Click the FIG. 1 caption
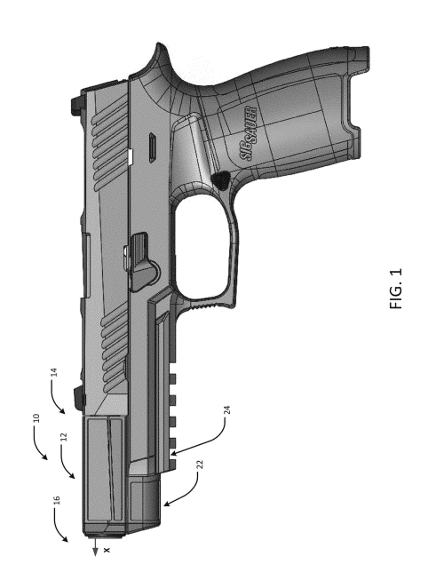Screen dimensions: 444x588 (396, 288)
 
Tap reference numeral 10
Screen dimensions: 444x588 (36, 418)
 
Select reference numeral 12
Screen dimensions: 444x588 (64, 437)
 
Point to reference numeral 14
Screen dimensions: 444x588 (54, 372)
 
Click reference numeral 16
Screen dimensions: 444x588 (57, 500)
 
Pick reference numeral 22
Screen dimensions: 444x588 (200, 465)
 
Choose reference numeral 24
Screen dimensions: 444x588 (226, 409)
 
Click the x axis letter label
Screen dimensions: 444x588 (107, 550)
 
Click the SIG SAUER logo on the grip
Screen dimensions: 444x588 (249, 133)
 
